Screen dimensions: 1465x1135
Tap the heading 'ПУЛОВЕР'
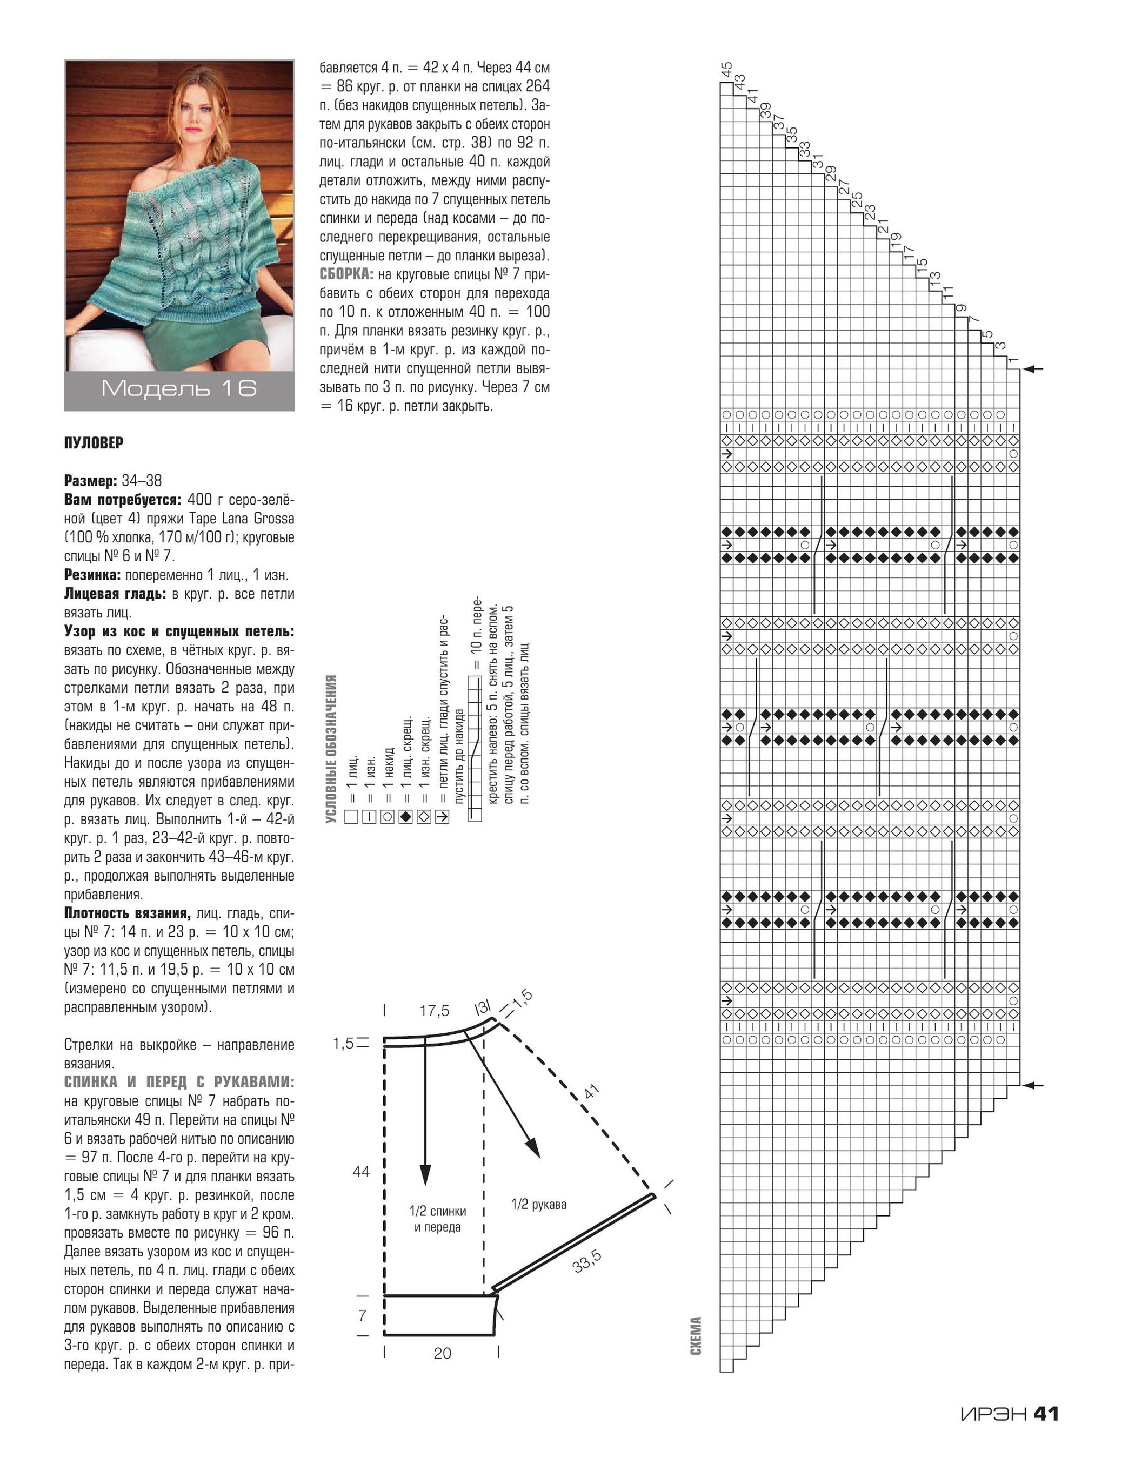[x=94, y=443]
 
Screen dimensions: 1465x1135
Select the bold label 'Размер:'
[x=91, y=480]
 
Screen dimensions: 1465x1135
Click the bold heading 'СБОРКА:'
[x=346, y=274]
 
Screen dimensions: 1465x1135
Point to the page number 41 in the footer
[x=1046, y=1413]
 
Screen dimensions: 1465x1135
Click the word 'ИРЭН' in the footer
[x=993, y=1414]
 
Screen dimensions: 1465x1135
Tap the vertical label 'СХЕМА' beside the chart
[x=696, y=1335]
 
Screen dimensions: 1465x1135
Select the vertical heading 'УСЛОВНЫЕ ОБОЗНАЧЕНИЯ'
[x=330, y=749]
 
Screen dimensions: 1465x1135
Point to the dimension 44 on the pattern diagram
[x=361, y=1172]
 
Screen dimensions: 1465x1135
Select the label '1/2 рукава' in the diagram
[x=538, y=1204]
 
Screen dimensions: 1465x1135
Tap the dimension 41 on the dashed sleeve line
[x=591, y=1092]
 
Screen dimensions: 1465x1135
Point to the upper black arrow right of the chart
[x=1036, y=369]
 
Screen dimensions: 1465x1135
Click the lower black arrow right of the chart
[x=1036, y=1085]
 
